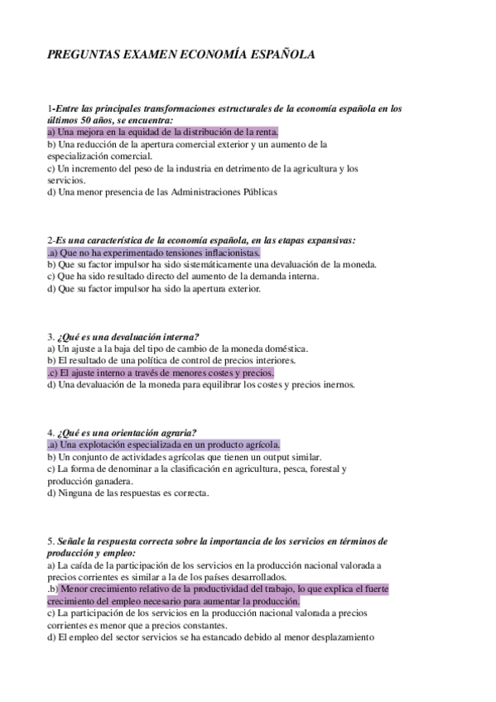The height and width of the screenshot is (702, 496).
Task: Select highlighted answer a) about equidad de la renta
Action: tap(162, 132)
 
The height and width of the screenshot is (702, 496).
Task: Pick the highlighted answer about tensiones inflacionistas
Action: tap(156, 252)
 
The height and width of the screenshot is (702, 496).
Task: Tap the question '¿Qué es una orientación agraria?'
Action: tap(127, 432)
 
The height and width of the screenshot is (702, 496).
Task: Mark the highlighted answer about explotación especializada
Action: tap(166, 445)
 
